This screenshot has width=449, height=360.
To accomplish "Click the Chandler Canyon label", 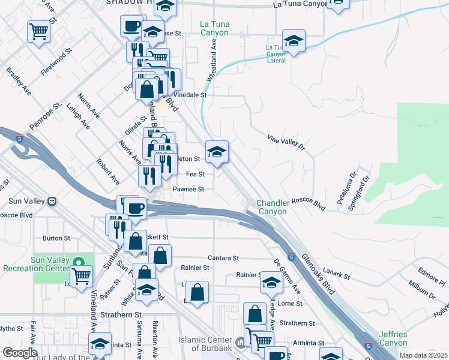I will tap(273, 207).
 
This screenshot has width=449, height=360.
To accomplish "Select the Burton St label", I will tap(56, 238).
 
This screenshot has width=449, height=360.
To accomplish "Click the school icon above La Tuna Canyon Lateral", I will tap(294, 41).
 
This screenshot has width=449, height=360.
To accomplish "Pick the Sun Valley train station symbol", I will tap(52, 201).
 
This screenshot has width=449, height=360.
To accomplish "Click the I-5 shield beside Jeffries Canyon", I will tap(368, 346).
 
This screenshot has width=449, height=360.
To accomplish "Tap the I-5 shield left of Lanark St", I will tap(291, 257).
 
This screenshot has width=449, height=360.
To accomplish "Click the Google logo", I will tap(20, 353).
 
